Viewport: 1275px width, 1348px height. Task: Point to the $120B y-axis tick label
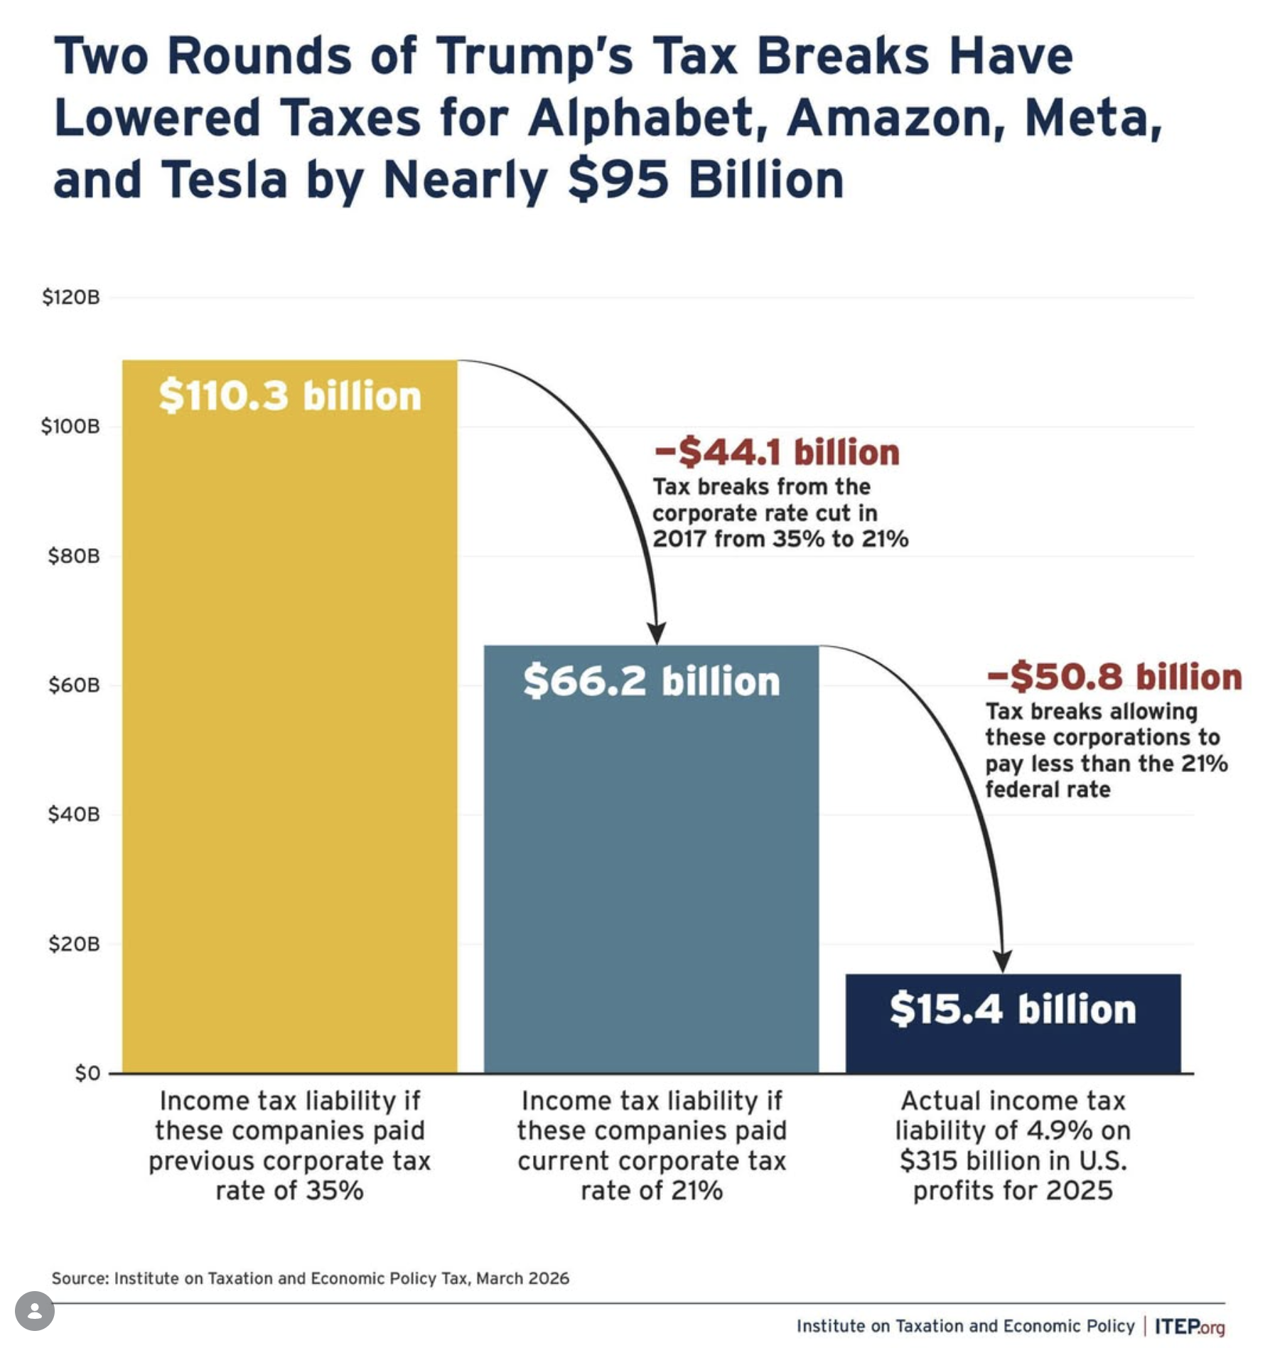70,297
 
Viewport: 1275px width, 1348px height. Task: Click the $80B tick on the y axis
73,556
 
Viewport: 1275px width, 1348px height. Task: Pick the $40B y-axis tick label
73,814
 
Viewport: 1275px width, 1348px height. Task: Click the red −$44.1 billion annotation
776,453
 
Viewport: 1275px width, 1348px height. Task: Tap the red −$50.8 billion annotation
1114,677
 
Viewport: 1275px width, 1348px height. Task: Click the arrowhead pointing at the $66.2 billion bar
656,633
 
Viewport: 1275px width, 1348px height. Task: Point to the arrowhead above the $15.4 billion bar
1002,961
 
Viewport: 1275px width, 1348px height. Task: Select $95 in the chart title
618,180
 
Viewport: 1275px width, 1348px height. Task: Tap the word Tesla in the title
225,180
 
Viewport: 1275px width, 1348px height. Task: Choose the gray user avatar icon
34,1310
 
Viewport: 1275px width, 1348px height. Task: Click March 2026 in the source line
522,1278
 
